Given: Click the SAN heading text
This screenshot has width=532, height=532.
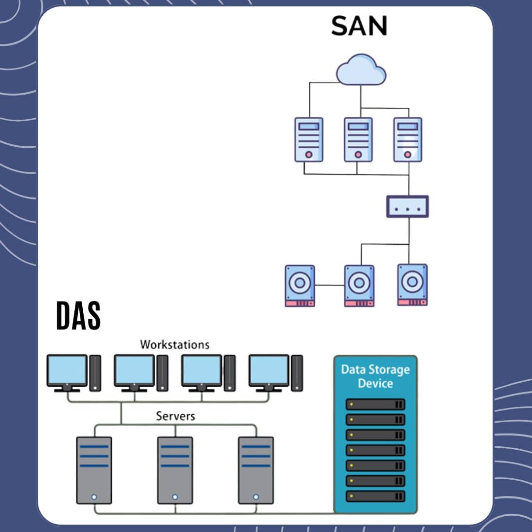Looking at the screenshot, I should click(x=359, y=26).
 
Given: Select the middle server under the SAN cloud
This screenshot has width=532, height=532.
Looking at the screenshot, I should click(x=358, y=139).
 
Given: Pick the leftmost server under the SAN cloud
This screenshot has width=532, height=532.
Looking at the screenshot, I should click(x=309, y=139).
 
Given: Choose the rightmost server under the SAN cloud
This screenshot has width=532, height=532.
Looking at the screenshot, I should click(x=407, y=139).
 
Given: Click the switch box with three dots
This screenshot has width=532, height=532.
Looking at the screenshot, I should click(x=407, y=206).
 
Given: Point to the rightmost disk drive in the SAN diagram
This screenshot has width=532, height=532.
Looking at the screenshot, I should click(x=412, y=285).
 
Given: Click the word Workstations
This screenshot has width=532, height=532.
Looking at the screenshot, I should click(x=174, y=344).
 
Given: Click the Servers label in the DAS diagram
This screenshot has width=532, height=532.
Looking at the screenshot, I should click(x=175, y=416).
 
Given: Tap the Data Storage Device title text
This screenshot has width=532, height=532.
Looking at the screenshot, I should click(x=375, y=376).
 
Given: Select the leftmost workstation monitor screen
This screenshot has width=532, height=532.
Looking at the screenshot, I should click(x=67, y=370).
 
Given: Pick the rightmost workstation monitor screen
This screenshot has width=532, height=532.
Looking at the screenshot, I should click(x=269, y=370).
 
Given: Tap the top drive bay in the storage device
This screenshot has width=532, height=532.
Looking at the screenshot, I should click(x=375, y=404).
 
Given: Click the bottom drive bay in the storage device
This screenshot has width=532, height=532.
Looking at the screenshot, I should click(x=375, y=496).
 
